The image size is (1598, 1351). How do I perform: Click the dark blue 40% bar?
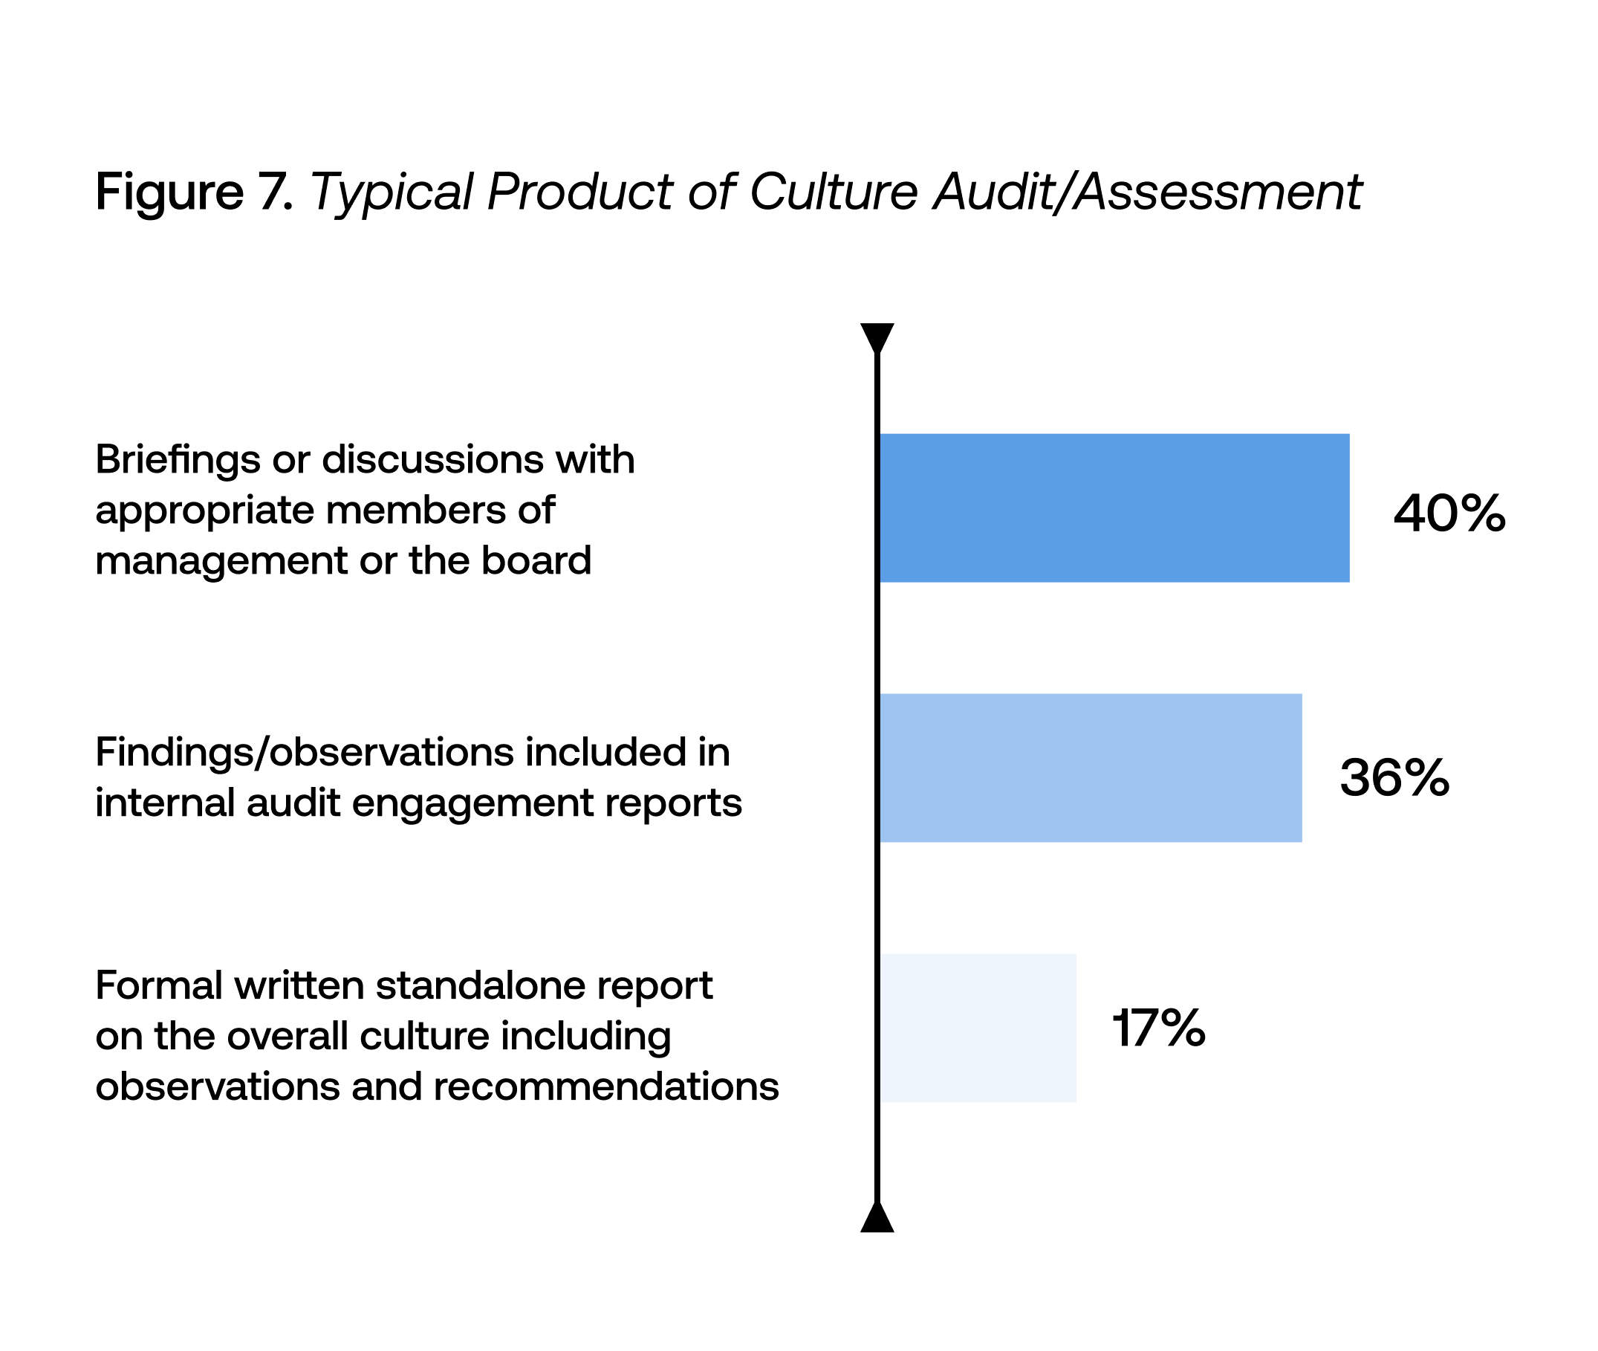(x=1114, y=508)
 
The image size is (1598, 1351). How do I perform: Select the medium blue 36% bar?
(x=1091, y=768)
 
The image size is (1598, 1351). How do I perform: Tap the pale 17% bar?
(x=978, y=1028)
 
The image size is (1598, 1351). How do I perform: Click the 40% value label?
(x=1449, y=513)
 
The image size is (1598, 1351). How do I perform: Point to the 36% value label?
(x=1394, y=777)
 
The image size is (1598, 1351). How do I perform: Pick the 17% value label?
(x=1158, y=1028)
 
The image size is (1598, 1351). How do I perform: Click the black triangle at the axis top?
(x=877, y=337)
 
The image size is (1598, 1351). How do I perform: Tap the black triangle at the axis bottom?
(x=877, y=1218)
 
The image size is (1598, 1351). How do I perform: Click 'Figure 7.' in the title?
(x=195, y=192)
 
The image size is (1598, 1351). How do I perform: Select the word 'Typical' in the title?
(x=391, y=193)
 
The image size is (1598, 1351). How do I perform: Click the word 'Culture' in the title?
(x=833, y=192)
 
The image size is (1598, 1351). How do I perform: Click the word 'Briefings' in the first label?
(x=178, y=460)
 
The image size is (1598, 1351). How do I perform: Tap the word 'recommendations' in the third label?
(x=605, y=1086)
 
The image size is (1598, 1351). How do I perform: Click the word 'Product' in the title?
(x=579, y=192)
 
